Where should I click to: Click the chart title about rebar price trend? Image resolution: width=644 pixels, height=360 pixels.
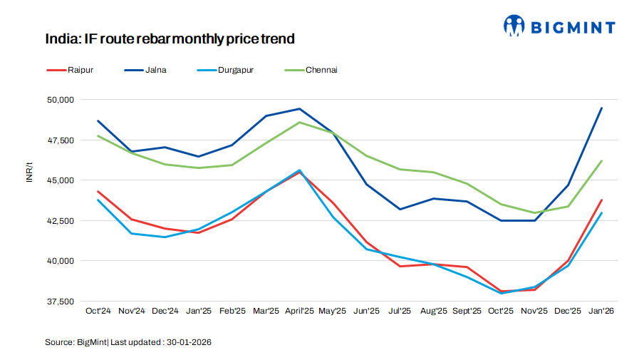[170, 39]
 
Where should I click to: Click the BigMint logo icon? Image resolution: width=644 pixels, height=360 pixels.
[514, 26]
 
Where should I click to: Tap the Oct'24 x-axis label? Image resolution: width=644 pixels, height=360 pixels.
[98, 312]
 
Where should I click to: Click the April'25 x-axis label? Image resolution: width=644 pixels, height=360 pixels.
[299, 312]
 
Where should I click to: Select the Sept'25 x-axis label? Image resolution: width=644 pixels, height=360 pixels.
[467, 312]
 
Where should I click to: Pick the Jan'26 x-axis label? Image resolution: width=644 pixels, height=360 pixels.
[602, 312]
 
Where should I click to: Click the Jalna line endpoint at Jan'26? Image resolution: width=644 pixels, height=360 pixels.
[602, 108]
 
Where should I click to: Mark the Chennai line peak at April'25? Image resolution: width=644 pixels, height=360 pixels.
[299, 122]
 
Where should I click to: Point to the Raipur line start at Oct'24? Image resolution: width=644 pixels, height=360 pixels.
[98, 192]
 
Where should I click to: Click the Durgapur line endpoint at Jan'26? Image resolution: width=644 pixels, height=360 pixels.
[602, 213]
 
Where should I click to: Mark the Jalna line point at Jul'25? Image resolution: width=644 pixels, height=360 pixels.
[400, 209]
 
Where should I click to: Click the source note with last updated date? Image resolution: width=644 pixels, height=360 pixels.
[128, 342]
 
